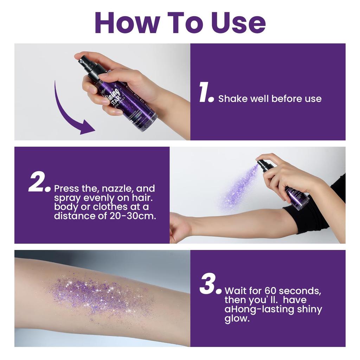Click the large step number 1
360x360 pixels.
coord(205,94)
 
